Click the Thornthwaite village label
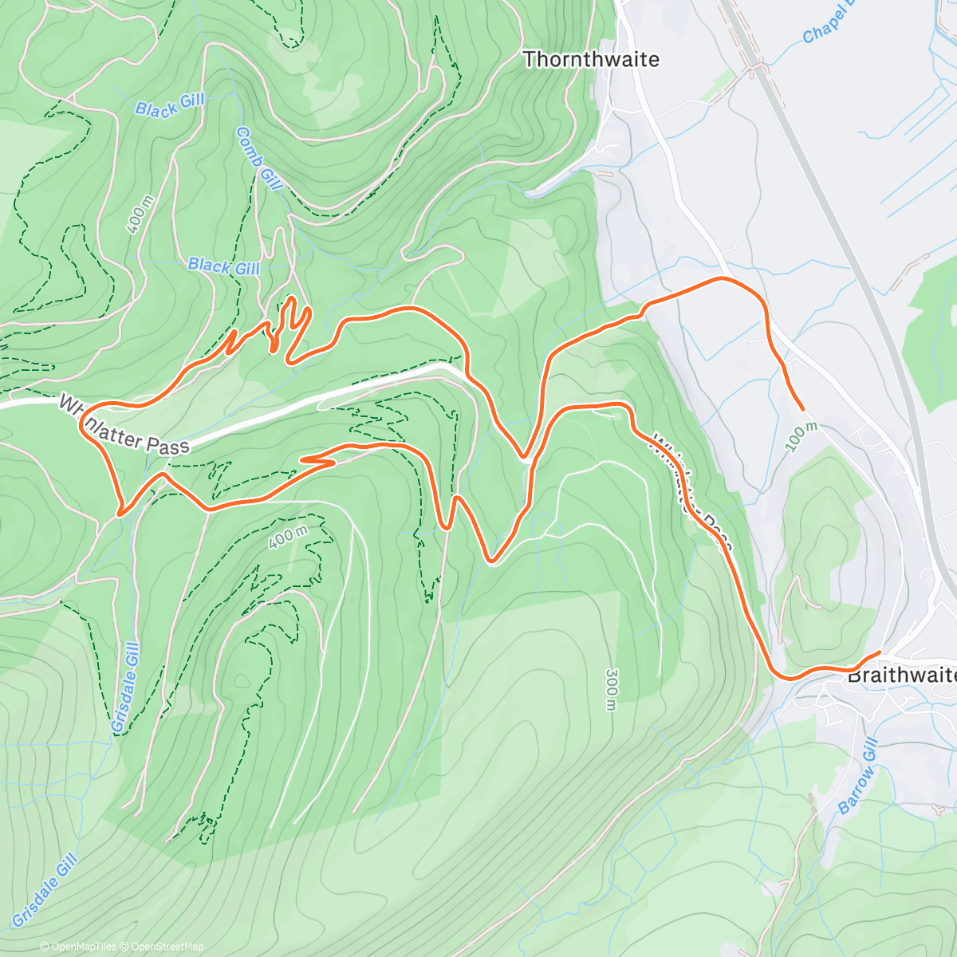(591, 60)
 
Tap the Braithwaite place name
(901, 675)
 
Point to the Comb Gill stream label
(259, 159)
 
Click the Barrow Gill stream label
(858, 777)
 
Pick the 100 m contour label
(801, 437)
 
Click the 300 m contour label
(611, 690)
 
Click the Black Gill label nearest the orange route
(224, 266)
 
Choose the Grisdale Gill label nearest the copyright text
(45, 890)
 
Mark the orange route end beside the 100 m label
(802, 409)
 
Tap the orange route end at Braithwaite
(879, 652)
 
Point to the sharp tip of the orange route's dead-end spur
(302, 459)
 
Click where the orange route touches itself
(524, 459)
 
